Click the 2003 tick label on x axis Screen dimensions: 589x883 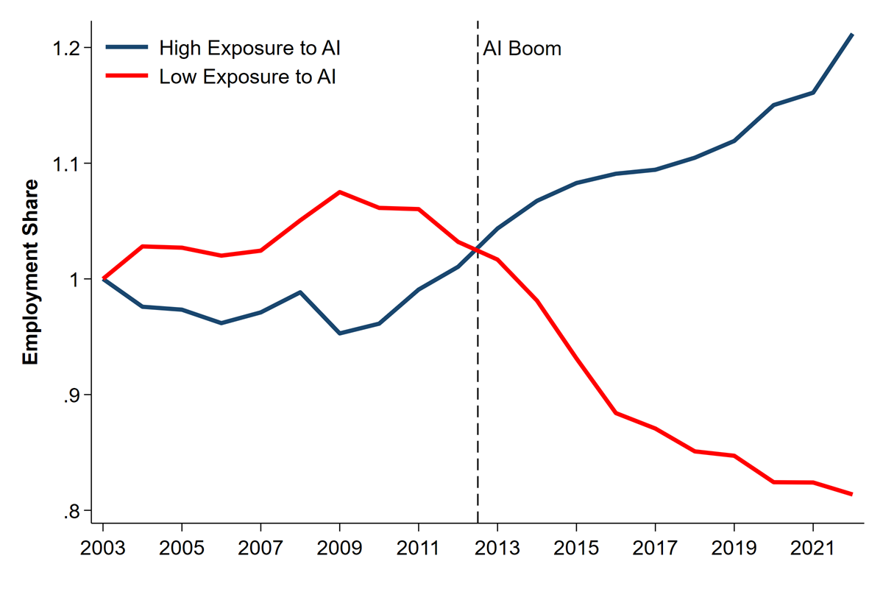point(103,550)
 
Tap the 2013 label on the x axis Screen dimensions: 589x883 point(497,550)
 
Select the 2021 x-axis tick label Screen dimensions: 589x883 point(812,550)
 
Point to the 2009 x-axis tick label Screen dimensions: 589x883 point(339,550)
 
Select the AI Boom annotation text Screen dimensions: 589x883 point(522,49)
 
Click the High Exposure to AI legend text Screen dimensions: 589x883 point(249,49)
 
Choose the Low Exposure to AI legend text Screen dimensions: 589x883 point(247,77)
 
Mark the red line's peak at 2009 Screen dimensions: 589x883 point(339,192)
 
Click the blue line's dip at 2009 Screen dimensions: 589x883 point(339,334)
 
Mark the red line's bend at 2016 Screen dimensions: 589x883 point(616,413)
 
